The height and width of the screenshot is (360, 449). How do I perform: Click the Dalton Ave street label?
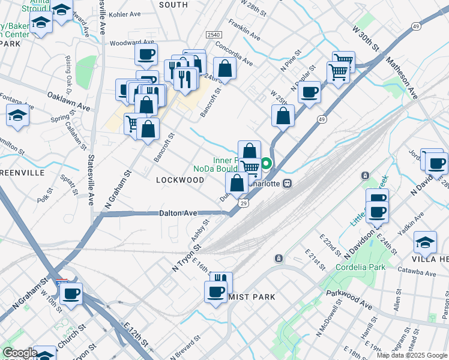[x=178, y=213]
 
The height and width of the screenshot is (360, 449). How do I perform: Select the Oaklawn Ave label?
[x=68, y=97]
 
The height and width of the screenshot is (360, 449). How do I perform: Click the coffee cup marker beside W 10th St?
[x=71, y=294]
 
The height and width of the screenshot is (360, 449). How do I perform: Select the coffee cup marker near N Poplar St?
[x=309, y=92]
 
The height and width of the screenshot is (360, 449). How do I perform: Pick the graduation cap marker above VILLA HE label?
[x=425, y=242]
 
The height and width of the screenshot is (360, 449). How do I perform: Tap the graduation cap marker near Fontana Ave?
[x=17, y=115]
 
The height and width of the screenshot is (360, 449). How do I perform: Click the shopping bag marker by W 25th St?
[x=283, y=115]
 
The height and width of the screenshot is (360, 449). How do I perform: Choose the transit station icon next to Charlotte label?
[x=288, y=183]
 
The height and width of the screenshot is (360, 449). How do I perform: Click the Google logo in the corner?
[x=20, y=353]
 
